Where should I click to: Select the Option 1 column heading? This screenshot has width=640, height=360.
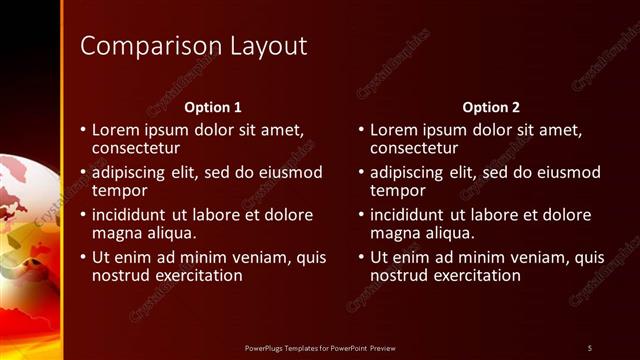pos(213,106)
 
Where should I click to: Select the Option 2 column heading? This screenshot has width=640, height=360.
pos(491,106)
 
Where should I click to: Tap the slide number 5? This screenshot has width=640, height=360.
pos(589,347)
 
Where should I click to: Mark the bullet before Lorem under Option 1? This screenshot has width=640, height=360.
pos(82,130)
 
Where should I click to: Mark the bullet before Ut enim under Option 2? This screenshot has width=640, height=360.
pos(360,257)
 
